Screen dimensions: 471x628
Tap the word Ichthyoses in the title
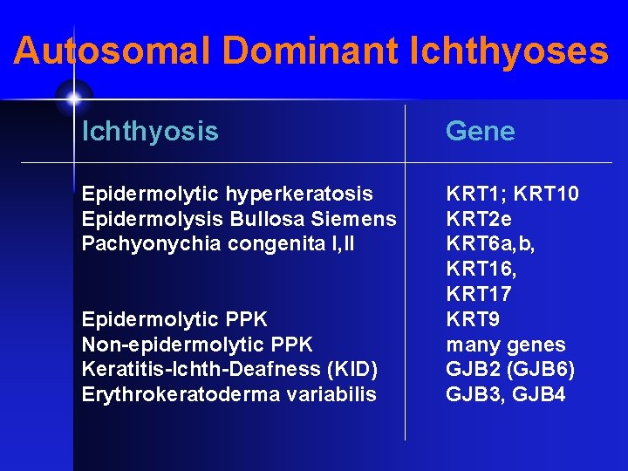(509, 51)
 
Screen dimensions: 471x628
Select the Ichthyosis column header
(150, 132)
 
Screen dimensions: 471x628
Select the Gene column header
(480, 132)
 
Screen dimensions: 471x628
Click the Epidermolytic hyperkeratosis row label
(227, 193)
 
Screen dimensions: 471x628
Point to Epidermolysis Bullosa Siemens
(238, 218)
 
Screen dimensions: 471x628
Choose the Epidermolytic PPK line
(174, 319)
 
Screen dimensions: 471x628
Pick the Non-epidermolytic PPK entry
(197, 345)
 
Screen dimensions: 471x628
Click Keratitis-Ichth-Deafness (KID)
(229, 370)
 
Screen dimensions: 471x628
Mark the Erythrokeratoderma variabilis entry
(229, 394)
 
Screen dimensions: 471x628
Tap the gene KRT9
(473, 319)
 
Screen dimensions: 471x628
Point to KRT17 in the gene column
(479, 294)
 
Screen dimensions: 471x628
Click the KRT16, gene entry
(481, 269)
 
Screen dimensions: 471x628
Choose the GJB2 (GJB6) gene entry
(510, 370)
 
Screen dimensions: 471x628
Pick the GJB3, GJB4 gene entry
(506, 394)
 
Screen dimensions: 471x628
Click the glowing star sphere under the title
(73, 97)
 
